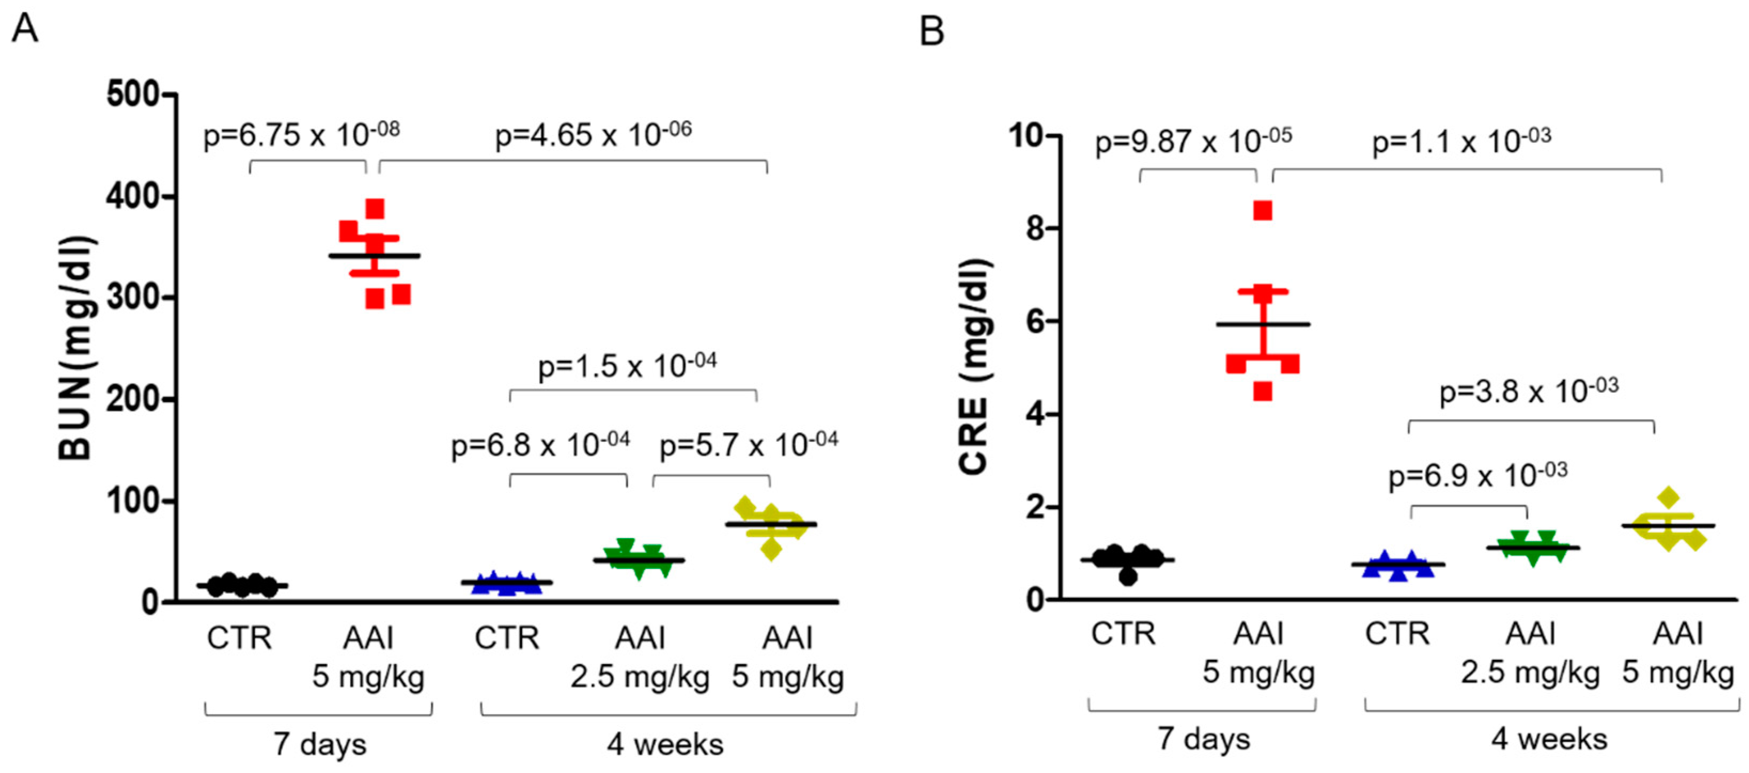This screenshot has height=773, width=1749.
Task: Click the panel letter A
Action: [25, 28]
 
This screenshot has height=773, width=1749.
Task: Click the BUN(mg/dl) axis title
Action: [75, 347]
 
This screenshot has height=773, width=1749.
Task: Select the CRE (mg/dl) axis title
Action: [975, 366]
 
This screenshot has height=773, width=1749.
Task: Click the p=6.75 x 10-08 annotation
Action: [301, 135]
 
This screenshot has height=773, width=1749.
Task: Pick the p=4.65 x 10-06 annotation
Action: [594, 135]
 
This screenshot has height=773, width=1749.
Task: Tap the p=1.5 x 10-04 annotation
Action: [627, 366]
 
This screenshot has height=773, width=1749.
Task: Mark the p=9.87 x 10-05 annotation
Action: [1193, 141]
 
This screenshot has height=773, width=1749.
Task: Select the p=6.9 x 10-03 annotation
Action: [1478, 475]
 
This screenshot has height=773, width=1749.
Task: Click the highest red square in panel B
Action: [1263, 211]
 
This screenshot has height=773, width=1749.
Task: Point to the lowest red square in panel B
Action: [1263, 392]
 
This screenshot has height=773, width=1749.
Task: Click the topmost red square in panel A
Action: [375, 208]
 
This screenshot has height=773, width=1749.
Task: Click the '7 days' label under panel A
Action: [320, 744]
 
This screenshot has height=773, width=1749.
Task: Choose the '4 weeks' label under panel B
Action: [1549, 739]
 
